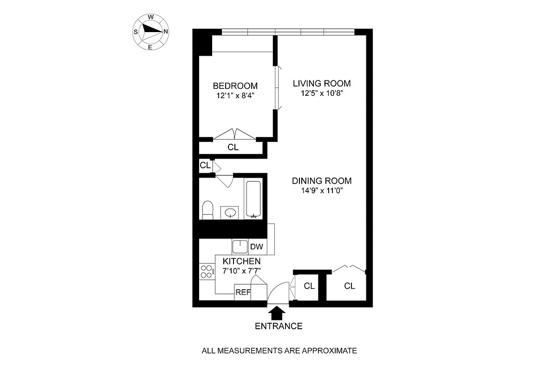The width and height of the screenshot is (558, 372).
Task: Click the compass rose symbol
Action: click(151, 32)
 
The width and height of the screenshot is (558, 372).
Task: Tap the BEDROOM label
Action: click(235, 86)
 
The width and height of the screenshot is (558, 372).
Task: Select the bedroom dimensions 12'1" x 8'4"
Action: click(235, 95)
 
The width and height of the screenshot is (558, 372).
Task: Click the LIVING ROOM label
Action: click(321, 84)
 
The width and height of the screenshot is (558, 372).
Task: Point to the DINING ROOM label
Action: click(322, 181)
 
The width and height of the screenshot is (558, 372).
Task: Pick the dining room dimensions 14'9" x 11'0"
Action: click(322, 190)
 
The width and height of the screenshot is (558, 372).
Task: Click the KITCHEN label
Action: click(241, 261)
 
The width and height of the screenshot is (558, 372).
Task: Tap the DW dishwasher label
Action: click(256, 247)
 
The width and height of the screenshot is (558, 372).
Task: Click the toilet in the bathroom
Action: click(208, 210)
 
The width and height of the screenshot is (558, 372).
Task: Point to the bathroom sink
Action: click(229, 213)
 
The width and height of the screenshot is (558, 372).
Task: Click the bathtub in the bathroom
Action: click(253, 199)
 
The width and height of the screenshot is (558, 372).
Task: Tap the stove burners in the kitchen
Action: click(206, 272)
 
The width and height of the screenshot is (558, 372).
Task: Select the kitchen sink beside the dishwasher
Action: click(240, 246)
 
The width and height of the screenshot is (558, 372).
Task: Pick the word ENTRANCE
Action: click(279, 326)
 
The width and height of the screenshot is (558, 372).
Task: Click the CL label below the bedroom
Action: click(233, 147)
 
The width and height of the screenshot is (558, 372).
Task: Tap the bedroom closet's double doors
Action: click(235, 134)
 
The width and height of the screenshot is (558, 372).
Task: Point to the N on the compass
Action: click(166, 32)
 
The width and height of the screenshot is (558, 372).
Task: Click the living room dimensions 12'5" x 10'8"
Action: click(321, 93)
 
